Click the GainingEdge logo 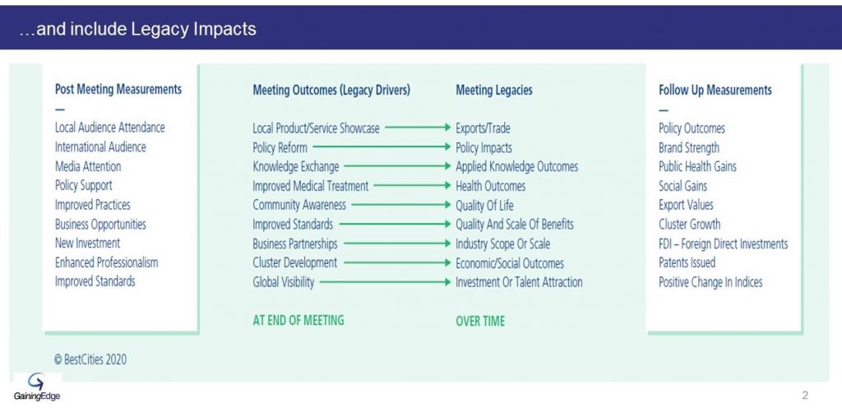[x=37, y=387]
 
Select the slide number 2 [x=804, y=396]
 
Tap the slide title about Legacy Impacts [x=137, y=29]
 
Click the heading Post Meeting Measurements [x=118, y=89]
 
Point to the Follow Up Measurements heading [x=715, y=90]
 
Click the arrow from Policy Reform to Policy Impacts [x=382, y=146]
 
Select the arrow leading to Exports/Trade [x=418, y=128]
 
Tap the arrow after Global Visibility [x=385, y=282]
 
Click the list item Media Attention [x=88, y=166]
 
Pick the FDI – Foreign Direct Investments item [x=723, y=244]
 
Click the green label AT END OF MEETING [x=298, y=321]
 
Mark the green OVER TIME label [x=480, y=321]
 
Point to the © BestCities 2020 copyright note [x=90, y=360]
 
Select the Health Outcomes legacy [x=490, y=186]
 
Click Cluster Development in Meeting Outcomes [x=295, y=262]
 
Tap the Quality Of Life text [x=484, y=205]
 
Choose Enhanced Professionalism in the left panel [x=106, y=262]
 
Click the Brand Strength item [x=688, y=148]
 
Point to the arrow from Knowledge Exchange [x=397, y=166]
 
